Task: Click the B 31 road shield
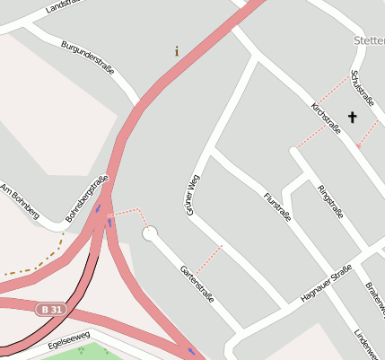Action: [x=51, y=310]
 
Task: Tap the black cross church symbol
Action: [x=352, y=117]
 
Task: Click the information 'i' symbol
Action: [x=176, y=51]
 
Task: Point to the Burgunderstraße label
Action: [x=88, y=57]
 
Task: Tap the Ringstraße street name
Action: [x=330, y=201]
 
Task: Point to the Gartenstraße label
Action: [x=197, y=283]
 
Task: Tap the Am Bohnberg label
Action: [x=20, y=201]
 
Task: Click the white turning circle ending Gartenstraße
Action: [x=150, y=233]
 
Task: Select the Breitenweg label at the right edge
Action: [x=375, y=297]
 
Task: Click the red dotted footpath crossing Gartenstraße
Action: [x=209, y=258]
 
